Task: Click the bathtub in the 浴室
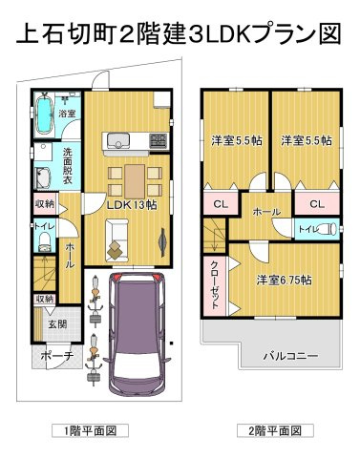[44, 114]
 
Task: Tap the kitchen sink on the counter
[118, 141]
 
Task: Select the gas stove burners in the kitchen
[159, 140]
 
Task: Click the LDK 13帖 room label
[132, 205]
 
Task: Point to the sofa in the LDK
[116, 240]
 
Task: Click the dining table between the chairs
[135, 181]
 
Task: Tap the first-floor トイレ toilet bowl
[45, 240]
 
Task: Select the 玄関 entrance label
[57, 324]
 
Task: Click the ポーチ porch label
[57, 355]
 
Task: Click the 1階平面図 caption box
[91, 431]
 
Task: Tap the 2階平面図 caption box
[275, 431]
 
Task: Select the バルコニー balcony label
[290, 356]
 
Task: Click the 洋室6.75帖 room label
[285, 281]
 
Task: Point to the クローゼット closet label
[215, 284]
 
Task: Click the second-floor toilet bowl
[328, 229]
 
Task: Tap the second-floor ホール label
[266, 212]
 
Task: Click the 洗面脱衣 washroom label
[67, 165]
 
